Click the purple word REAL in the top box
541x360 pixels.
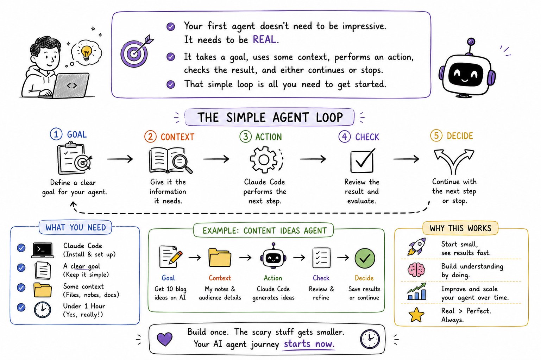click(x=264, y=39)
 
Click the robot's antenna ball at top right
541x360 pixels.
click(x=471, y=42)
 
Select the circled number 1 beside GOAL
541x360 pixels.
click(x=56, y=134)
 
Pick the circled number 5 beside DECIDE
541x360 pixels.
click(x=436, y=135)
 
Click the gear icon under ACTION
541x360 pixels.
click(x=264, y=160)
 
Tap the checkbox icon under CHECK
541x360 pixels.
click(x=362, y=160)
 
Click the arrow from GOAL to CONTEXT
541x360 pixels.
click(x=120, y=159)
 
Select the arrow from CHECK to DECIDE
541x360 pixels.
click(x=406, y=159)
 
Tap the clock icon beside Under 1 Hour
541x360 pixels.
click(x=43, y=310)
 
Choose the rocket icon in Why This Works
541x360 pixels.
click(x=417, y=246)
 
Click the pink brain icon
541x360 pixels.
click(x=416, y=270)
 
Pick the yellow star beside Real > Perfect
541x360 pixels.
click(x=416, y=315)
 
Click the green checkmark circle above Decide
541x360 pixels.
click(x=365, y=258)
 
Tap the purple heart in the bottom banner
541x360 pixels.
click(x=165, y=339)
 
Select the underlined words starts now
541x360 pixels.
click(x=309, y=344)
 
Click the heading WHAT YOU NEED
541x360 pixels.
click(x=76, y=227)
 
